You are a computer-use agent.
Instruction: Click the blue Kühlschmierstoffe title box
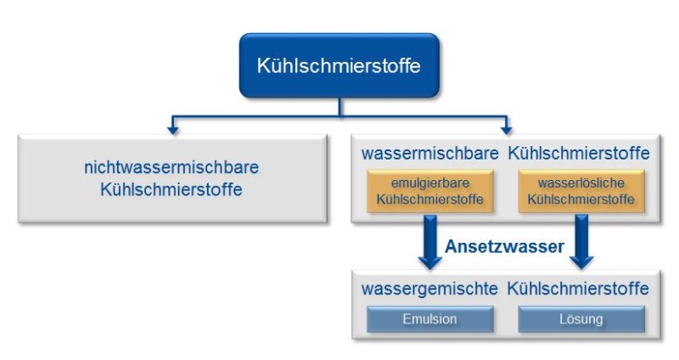pyautogui.click(x=339, y=65)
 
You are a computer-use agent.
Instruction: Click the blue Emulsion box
pyautogui.click(x=429, y=319)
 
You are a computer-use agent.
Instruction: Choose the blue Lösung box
pyautogui.click(x=581, y=319)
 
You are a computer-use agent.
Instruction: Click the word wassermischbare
pyautogui.click(x=429, y=154)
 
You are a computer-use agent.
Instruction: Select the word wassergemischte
pyautogui.click(x=429, y=289)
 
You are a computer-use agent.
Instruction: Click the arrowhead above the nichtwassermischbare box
pyautogui.click(x=173, y=129)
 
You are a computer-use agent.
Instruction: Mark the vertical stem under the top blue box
pyautogui.click(x=339, y=105)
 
